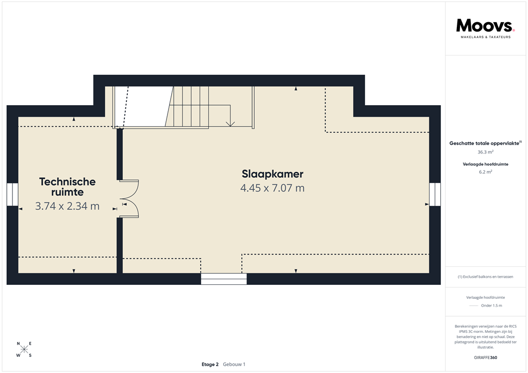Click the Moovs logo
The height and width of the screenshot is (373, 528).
click(485, 25)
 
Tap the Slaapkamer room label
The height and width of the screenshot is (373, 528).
click(272, 174)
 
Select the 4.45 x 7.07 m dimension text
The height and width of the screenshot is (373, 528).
click(272, 188)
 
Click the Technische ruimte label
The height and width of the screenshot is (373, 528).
click(68, 186)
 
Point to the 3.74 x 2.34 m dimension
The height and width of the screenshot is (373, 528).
click(68, 207)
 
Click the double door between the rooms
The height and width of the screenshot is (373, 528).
click(129, 199)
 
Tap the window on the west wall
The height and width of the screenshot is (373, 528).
click(12, 195)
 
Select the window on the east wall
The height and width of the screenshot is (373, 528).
click(435, 195)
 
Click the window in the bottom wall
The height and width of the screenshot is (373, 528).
click(224, 279)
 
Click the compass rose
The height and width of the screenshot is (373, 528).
click(24, 349)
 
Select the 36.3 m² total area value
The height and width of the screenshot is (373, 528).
click(485, 152)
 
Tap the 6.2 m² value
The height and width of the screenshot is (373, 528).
click(485, 173)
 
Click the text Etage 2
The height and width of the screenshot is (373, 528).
click(210, 364)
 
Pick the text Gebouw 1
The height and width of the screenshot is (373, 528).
click(234, 364)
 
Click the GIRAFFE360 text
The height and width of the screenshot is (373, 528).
click(485, 357)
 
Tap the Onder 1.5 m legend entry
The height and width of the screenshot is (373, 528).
click(491, 306)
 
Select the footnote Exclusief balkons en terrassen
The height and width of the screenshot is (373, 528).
click(485, 277)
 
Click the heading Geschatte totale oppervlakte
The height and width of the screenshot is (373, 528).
click(485, 143)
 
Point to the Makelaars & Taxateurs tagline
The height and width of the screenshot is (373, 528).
click(485, 37)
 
